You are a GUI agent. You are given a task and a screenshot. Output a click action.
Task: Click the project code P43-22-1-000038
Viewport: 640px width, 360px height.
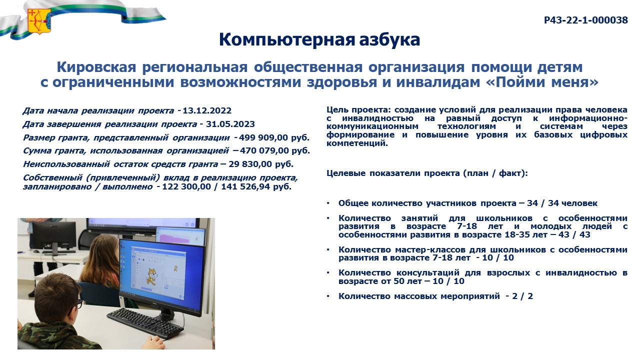(585, 20)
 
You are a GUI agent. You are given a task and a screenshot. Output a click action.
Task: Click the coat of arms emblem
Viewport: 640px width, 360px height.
(39, 21)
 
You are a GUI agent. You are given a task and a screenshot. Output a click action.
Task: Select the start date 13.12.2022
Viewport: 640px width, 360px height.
(207, 110)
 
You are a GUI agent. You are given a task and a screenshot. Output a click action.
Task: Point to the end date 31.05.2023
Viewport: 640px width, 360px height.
(230, 124)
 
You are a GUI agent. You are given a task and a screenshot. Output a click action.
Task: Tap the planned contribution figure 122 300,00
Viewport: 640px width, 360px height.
(186, 187)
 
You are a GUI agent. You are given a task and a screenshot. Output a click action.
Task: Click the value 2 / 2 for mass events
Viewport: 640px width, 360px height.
(522, 296)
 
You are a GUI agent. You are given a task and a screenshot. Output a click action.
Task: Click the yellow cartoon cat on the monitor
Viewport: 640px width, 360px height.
(151, 276)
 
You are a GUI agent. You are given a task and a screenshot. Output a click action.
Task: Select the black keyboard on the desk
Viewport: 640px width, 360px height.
(145, 323)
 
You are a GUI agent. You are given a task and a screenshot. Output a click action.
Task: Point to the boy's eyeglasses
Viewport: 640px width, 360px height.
(79, 303)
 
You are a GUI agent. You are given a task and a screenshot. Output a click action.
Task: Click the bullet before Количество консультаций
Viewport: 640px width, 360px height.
(328, 273)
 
